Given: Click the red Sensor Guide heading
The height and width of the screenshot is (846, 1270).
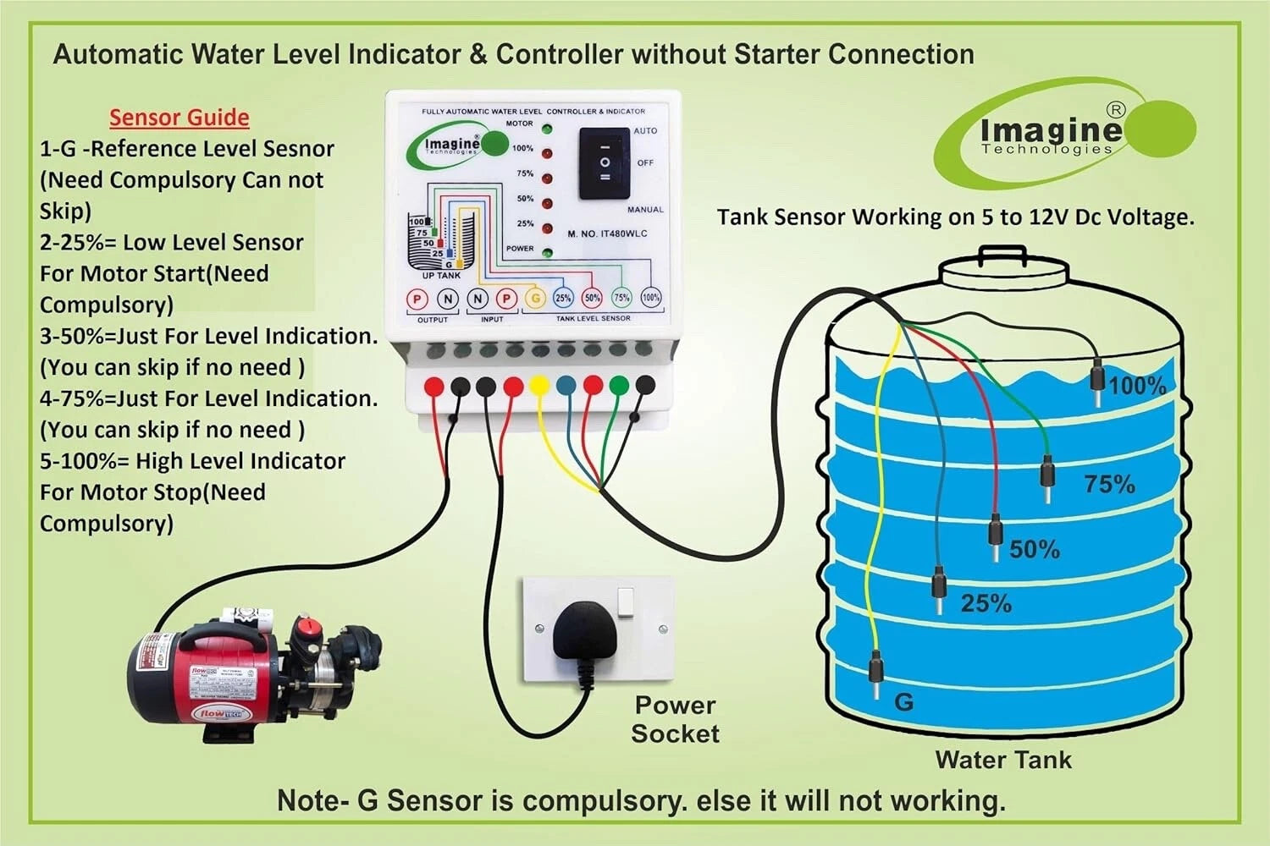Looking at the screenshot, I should [x=179, y=118].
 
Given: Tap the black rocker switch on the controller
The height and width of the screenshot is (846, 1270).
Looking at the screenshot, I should [x=605, y=163].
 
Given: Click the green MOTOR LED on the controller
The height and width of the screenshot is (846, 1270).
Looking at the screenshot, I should [x=547, y=129].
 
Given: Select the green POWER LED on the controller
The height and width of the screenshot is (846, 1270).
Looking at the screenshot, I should [x=547, y=252].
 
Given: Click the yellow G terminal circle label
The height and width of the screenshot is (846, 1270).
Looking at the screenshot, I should [x=535, y=298].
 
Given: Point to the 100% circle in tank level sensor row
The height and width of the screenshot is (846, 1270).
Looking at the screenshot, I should [x=650, y=298].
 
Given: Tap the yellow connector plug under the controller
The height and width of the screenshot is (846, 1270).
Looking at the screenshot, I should [x=538, y=386].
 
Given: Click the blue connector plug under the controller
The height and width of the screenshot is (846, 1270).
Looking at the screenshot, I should [x=566, y=386].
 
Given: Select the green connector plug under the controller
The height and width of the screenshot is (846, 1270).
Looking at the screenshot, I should [x=619, y=386].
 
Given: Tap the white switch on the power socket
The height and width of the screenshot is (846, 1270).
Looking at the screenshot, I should [x=627, y=602].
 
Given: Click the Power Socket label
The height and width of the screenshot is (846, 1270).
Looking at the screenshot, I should [x=675, y=719].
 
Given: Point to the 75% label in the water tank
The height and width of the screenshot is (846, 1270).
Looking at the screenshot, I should [x=1109, y=484].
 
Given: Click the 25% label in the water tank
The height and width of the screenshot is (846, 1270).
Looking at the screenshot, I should [x=986, y=603].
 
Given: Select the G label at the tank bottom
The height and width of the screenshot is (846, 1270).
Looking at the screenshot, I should [x=903, y=702].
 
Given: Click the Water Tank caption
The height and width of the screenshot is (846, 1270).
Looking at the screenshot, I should [x=1003, y=760].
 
